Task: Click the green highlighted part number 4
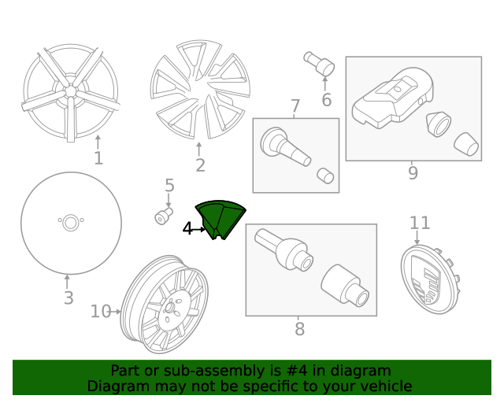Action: (x=220, y=219)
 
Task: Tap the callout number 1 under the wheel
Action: (x=98, y=158)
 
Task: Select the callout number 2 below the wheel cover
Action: (x=200, y=165)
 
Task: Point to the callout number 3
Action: (x=69, y=298)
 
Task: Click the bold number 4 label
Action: (x=187, y=229)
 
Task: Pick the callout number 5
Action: (x=169, y=186)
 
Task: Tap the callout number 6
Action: (x=326, y=100)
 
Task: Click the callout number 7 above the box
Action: (x=295, y=105)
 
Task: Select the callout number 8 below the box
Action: (x=299, y=329)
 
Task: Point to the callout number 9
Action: (x=413, y=172)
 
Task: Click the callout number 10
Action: (x=101, y=312)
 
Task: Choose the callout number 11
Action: (x=420, y=223)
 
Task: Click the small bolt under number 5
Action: (x=164, y=216)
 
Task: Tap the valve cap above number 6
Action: (x=319, y=64)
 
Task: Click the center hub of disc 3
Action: (x=71, y=223)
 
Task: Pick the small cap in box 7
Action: (x=325, y=176)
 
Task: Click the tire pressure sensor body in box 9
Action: (x=392, y=98)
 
